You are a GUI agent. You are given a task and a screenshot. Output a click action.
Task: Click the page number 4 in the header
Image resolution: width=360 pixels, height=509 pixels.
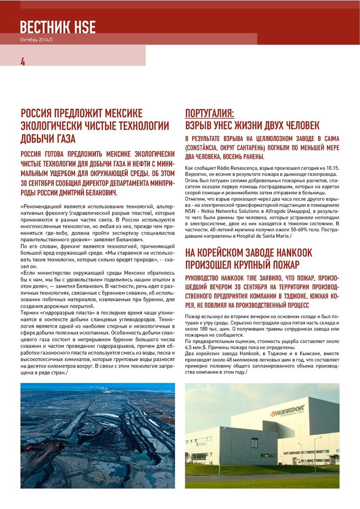[22, 62]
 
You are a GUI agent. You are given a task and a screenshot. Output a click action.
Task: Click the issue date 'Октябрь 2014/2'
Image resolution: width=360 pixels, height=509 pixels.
[36, 40]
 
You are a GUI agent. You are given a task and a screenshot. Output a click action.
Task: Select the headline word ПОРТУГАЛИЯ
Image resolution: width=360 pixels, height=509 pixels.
[210, 113]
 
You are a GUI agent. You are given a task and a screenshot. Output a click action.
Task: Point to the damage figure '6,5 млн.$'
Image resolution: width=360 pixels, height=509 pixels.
[196, 348]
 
